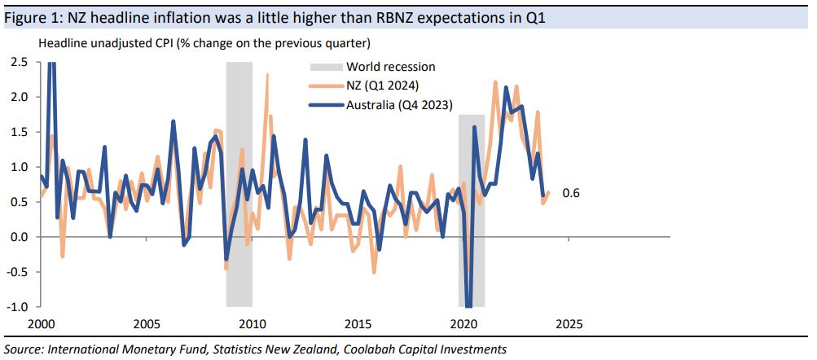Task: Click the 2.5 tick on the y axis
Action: pos(20,62)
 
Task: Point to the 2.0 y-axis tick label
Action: pos(20,97)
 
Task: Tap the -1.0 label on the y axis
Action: pos(19,307)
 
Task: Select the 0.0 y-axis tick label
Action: pos(20,237)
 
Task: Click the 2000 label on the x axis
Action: pos(42,323)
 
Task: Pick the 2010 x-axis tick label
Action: pos(252,323)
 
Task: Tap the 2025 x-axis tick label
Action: pos(568,323)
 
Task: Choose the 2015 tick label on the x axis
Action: pos(357,323)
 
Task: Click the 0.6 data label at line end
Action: pos(570,193)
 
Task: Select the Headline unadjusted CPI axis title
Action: pos(203,42)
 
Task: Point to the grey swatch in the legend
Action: pos(325,67)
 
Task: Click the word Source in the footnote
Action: pos(24,349)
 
